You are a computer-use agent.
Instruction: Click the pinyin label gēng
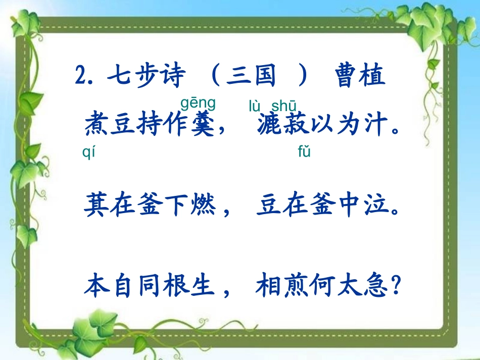(x=198, y=104)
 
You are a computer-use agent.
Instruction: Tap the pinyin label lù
(x=255, y=106)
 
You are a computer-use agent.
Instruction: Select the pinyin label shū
(x=283, y=106)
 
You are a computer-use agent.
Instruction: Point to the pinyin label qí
(x=88, y=152)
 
